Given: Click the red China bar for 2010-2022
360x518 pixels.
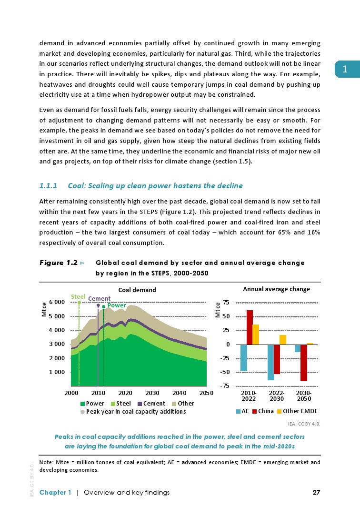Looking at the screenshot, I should click(250, 327).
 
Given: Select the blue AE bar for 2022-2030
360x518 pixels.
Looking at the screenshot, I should click(270, 362).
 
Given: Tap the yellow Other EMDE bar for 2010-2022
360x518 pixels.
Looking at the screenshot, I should click(256, 334).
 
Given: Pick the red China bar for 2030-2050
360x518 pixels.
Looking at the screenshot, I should click(304, 362).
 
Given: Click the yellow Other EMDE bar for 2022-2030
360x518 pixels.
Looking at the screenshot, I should click(283, 339).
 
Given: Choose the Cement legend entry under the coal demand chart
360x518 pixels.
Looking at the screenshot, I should click(151, 404).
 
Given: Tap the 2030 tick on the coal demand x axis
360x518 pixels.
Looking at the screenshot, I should click(152, 393).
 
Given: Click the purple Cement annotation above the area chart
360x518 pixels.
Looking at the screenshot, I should click(99, 299).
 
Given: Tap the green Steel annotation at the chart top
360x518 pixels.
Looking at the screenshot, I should click(78, 296).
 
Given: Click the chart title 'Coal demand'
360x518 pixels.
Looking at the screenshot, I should click(137, 290).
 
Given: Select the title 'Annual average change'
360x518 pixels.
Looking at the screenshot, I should click(276, 289).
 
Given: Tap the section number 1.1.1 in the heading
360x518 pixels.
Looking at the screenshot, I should click(48, 185).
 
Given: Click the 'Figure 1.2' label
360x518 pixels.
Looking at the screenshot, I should click(59, 263).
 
